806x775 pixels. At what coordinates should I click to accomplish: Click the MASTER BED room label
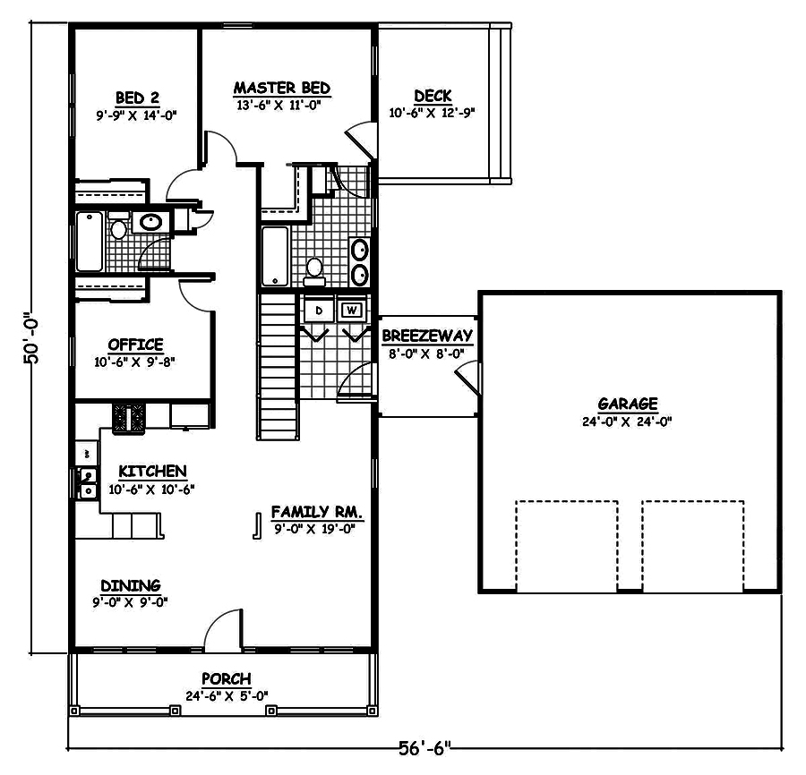(282, 88)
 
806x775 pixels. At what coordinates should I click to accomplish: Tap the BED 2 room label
(136, 98)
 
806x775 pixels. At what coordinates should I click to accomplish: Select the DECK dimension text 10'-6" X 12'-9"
(432, 114)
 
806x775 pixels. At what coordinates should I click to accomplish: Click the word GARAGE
(629, 404)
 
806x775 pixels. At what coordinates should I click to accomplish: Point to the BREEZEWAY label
(426, 336)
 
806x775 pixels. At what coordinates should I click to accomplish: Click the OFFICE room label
(135, 345)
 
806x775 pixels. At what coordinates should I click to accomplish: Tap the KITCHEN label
(153, 472)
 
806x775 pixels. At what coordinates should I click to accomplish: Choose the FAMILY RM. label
(316, 513)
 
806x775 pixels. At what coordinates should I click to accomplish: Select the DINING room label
(131, 585)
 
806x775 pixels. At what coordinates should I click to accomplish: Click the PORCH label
(226, 679)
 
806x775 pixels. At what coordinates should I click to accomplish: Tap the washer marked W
(352, 310)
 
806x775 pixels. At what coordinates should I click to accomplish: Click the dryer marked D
(319, 310)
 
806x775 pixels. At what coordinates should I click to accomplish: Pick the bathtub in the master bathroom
(275, 254)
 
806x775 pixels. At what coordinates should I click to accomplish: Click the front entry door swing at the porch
(224, 631)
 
